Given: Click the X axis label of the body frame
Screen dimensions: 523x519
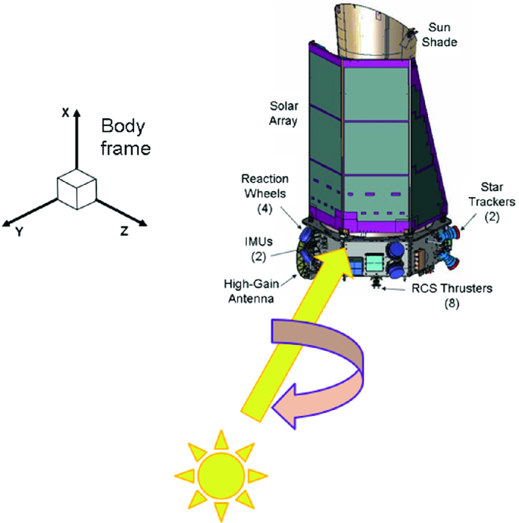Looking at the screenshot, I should [66, 113].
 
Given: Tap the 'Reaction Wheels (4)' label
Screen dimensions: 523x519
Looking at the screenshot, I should [264, 189].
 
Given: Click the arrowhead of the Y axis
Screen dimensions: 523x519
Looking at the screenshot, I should [7, 222].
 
